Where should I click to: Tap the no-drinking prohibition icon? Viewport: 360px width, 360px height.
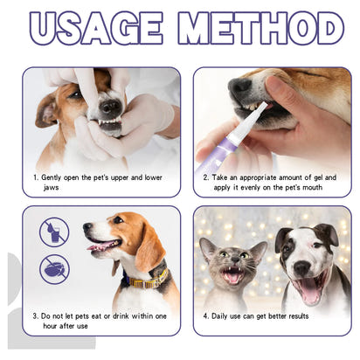pos(53,232)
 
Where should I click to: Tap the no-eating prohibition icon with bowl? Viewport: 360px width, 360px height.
pos(53,269)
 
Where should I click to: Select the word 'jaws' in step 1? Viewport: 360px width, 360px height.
pos(53,188)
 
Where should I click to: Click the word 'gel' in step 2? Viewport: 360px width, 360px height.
pos(325,177)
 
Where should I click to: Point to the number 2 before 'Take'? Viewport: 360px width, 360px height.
pos(205,177)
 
